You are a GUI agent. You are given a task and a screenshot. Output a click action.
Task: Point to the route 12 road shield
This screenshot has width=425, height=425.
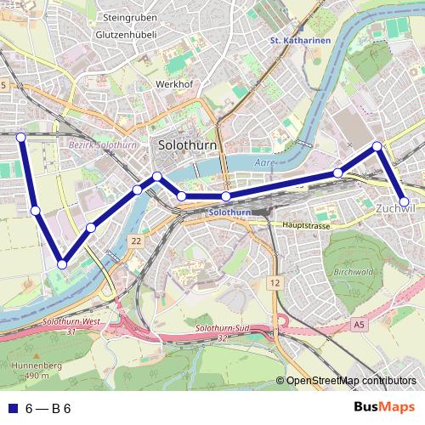(274, 281)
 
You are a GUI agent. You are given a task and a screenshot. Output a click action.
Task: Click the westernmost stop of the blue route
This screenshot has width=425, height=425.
(21, 136)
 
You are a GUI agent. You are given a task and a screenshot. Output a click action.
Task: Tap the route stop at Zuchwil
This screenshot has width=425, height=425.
(405, 201)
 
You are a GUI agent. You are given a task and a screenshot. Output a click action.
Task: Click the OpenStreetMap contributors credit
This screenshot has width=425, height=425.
(351, 381)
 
